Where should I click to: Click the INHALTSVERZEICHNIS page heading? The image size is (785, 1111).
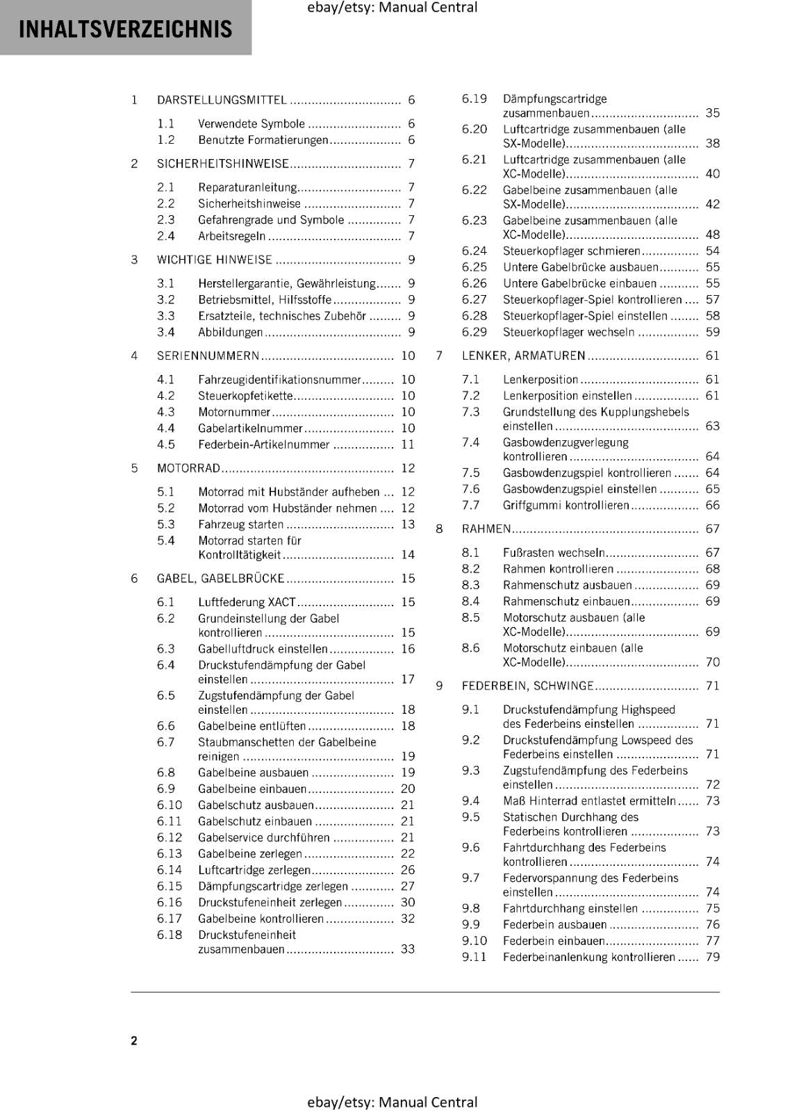click(x=125, y=29)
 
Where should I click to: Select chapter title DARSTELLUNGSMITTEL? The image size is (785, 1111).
click(x=222, y=100)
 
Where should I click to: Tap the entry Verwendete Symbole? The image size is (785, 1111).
click(x=251, y=124)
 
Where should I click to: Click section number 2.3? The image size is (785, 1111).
click(x=165, y=220)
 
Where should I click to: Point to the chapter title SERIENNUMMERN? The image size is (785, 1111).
click(x=208, y=356)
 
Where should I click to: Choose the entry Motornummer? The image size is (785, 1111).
click(x=234, y=412)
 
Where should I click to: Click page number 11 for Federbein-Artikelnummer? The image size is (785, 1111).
click(x=408, y=444)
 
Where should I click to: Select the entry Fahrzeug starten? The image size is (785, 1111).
click(x=240, y=525)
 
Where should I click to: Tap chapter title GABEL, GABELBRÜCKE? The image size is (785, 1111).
click(x=220, y=578)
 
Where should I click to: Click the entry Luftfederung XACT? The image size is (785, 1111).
click(x=247, y=602)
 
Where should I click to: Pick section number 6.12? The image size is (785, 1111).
click(x=169, y=837)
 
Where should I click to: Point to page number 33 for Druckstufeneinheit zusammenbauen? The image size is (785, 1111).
click(x=408, y=949)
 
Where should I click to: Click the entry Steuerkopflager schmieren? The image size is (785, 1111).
click(x=571, y=251)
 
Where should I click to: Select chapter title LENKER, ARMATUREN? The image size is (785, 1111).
click(x=523, y=356)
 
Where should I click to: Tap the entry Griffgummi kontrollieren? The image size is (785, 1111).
click(x=565, y=506)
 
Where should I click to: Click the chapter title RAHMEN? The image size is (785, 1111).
click(x=486, y=529)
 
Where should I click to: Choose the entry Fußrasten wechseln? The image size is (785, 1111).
click(x=554, y=553)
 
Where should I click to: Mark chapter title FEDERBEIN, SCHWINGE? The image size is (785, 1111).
click(x=527, y=686)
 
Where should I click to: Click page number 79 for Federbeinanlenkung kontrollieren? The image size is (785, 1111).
click(x=713, y=958)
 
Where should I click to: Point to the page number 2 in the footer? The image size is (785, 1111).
click(x=134, y=1040)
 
